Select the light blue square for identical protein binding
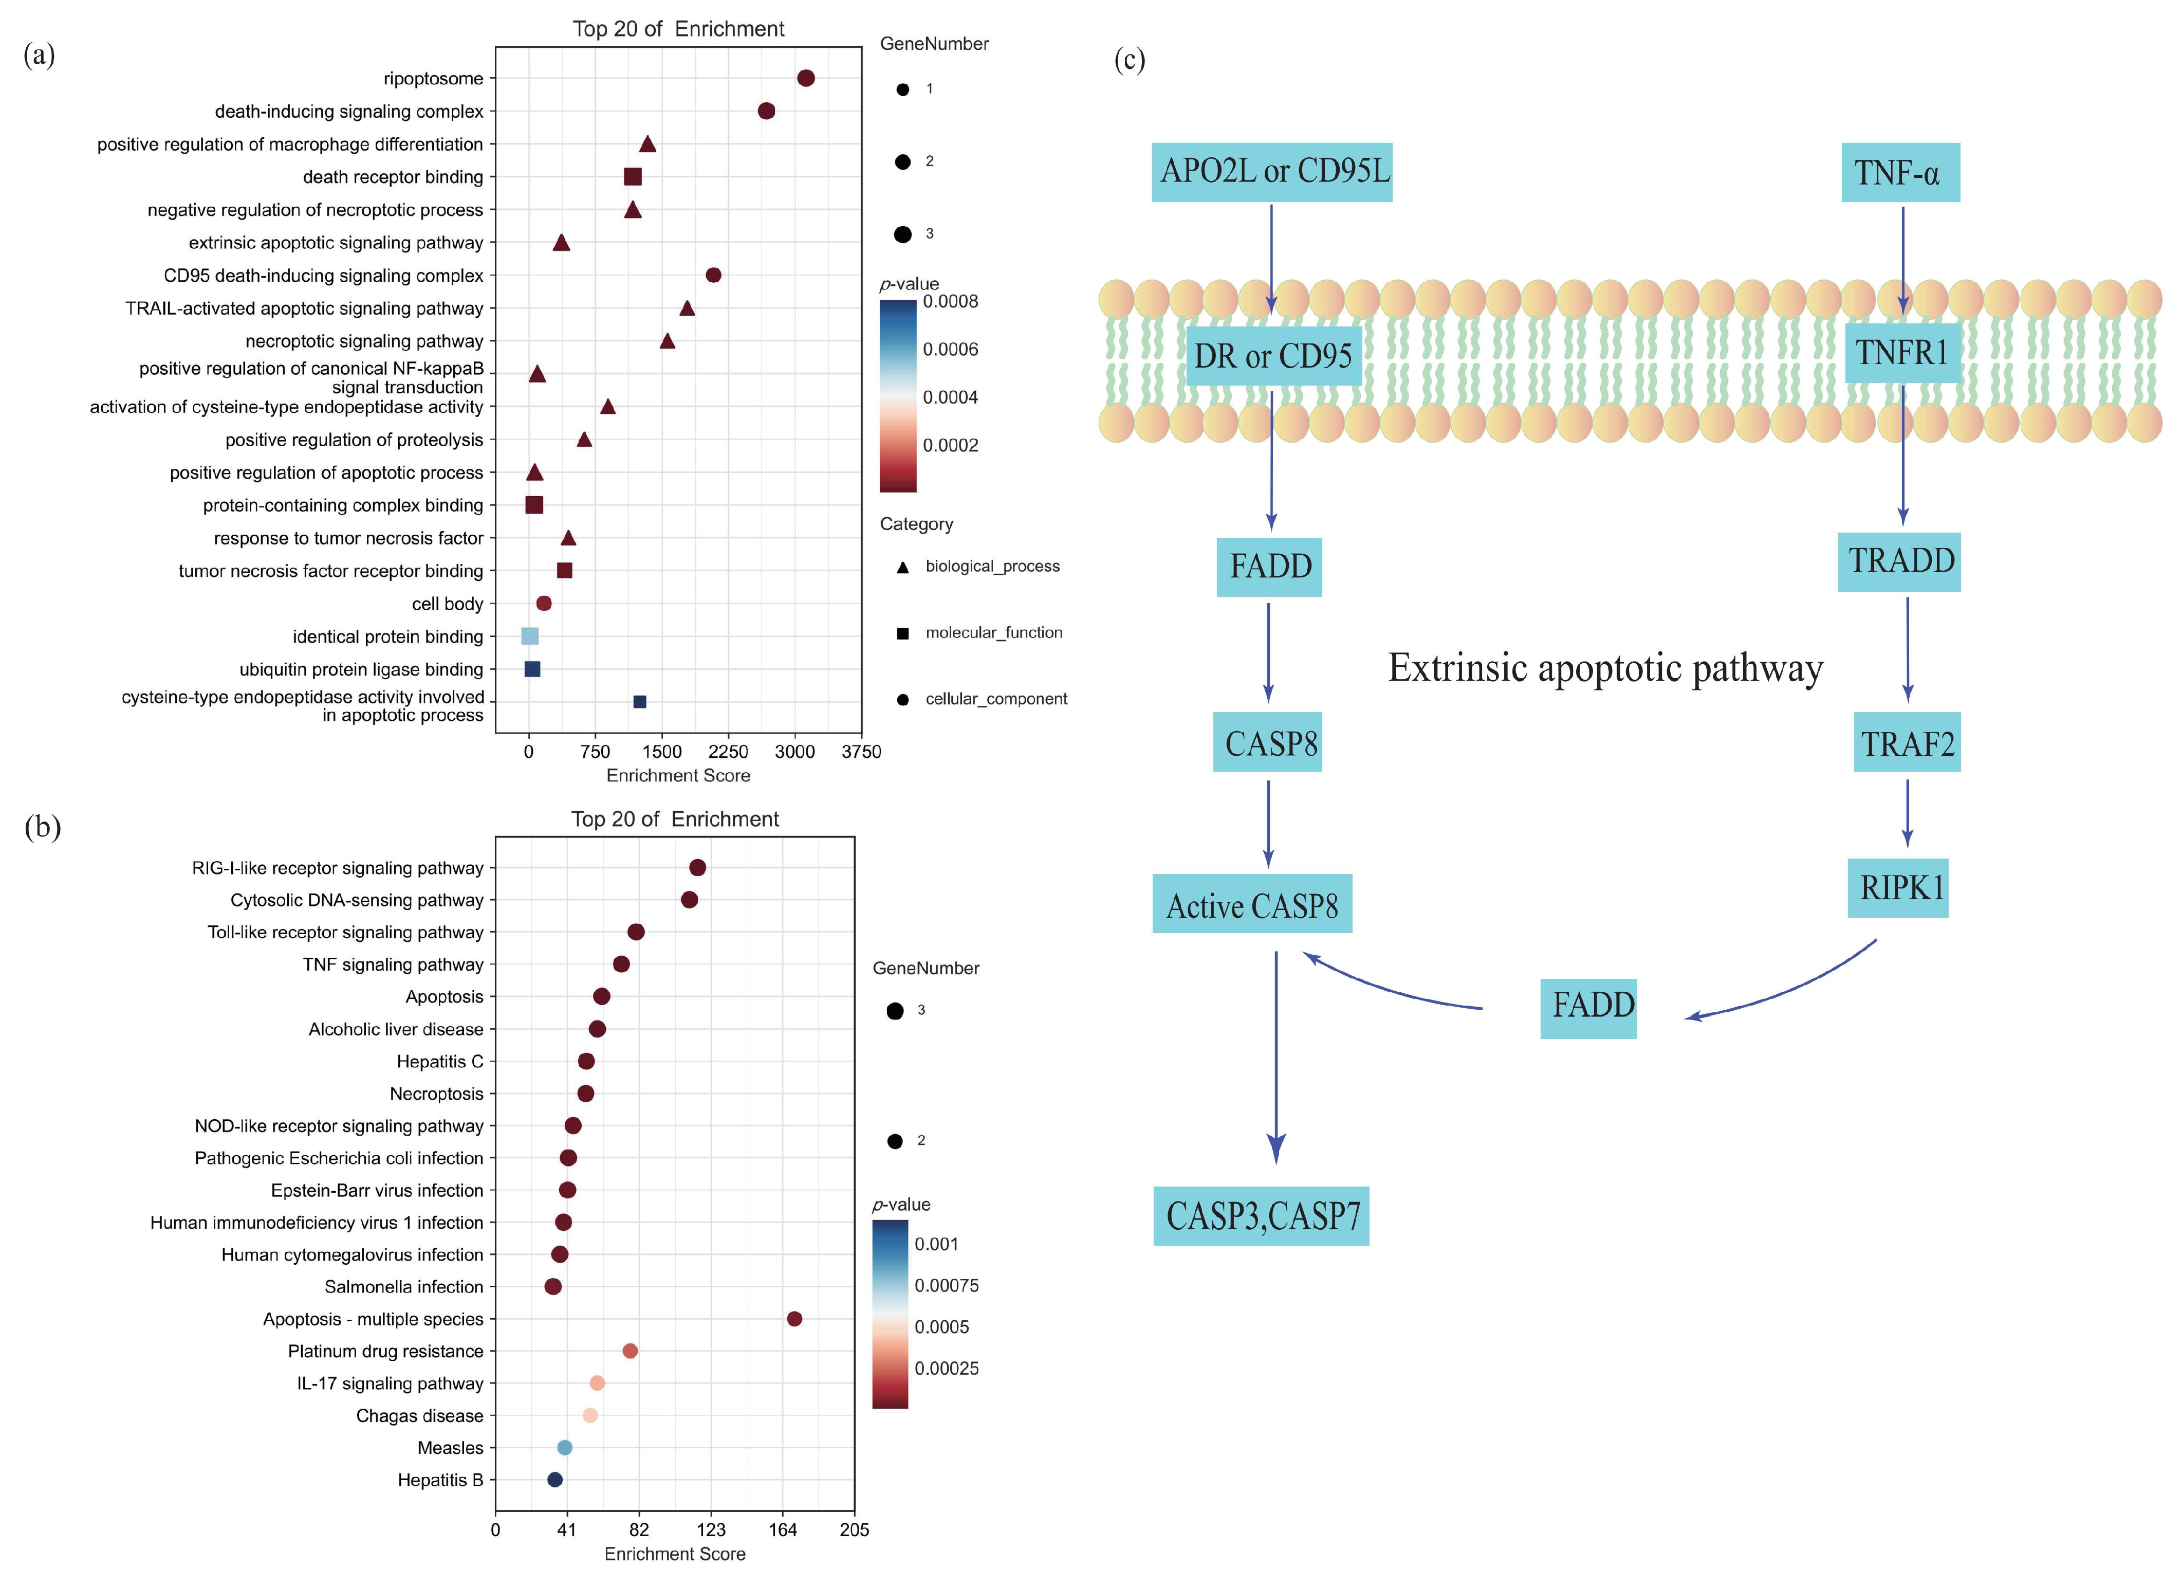tap(529, 636)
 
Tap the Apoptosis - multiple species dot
tap(794, 1318)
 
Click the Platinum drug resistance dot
tap(630, 1351)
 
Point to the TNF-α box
tap(1899, 173)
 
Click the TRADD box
tap(1899, 562)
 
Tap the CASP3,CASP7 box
tap(1261, 1216)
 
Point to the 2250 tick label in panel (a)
tap(728, 752)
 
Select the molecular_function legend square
tap(902, 633)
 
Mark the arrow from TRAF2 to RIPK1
tap(1907, 813)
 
